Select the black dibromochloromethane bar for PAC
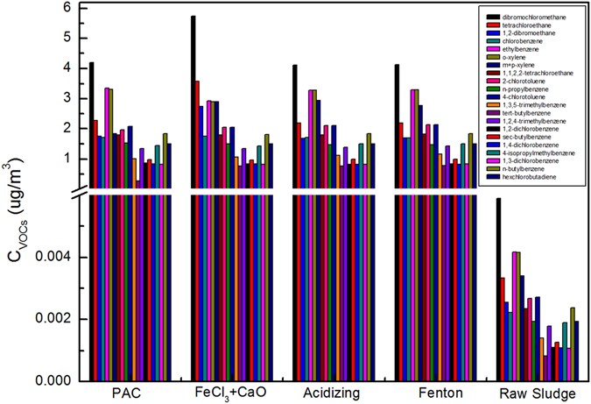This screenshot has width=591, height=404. [92, 219]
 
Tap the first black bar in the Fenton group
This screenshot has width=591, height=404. [397, 219]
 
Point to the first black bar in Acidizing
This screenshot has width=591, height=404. [295, 219]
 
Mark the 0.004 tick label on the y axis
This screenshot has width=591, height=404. [58, 257]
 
